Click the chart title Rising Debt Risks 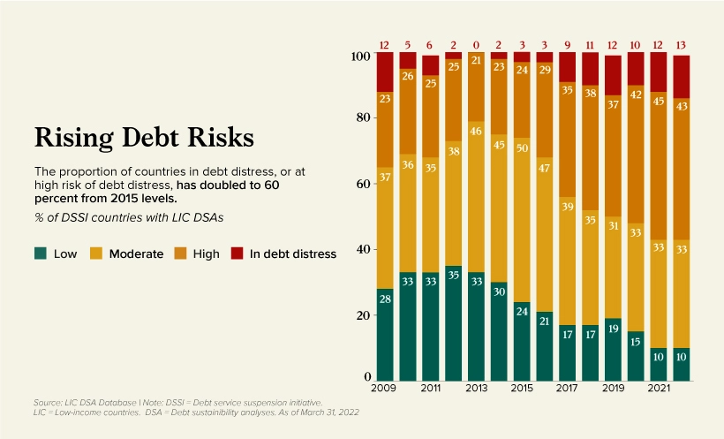click(x=143, y=138)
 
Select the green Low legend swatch click(x=41, y=254)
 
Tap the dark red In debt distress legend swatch click(x=236, y=254)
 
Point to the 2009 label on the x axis click(x=384, y=389)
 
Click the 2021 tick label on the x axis click(x=659, y=389)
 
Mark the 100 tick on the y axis click(x=358, y=56)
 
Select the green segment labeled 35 click(x=453, y=322)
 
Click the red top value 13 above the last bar click(x=682, y=45)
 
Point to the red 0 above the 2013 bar click(x=476, y=45)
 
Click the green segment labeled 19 click(x=613, y=349)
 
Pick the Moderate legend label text click(x=136, y=254)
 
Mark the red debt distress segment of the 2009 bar click(x=384, y=71)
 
